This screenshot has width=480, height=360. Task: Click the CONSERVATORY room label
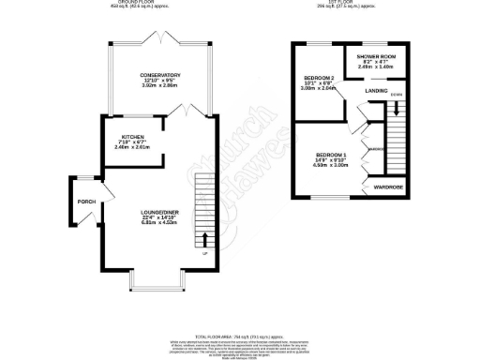pos(160,74)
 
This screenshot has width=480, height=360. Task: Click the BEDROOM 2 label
pos(320,77)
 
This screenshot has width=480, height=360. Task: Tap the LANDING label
pos(378,91)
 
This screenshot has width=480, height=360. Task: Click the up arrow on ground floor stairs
pos(206,238)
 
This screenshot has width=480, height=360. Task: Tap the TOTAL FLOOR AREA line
pos(238,335)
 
